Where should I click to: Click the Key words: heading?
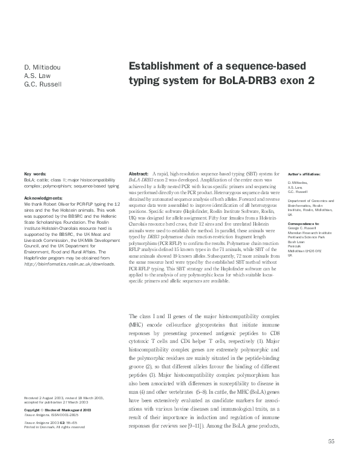click(x=34, y=174)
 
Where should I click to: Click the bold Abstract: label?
click(x=140, y=174)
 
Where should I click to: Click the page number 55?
click(x=331, y=442)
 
